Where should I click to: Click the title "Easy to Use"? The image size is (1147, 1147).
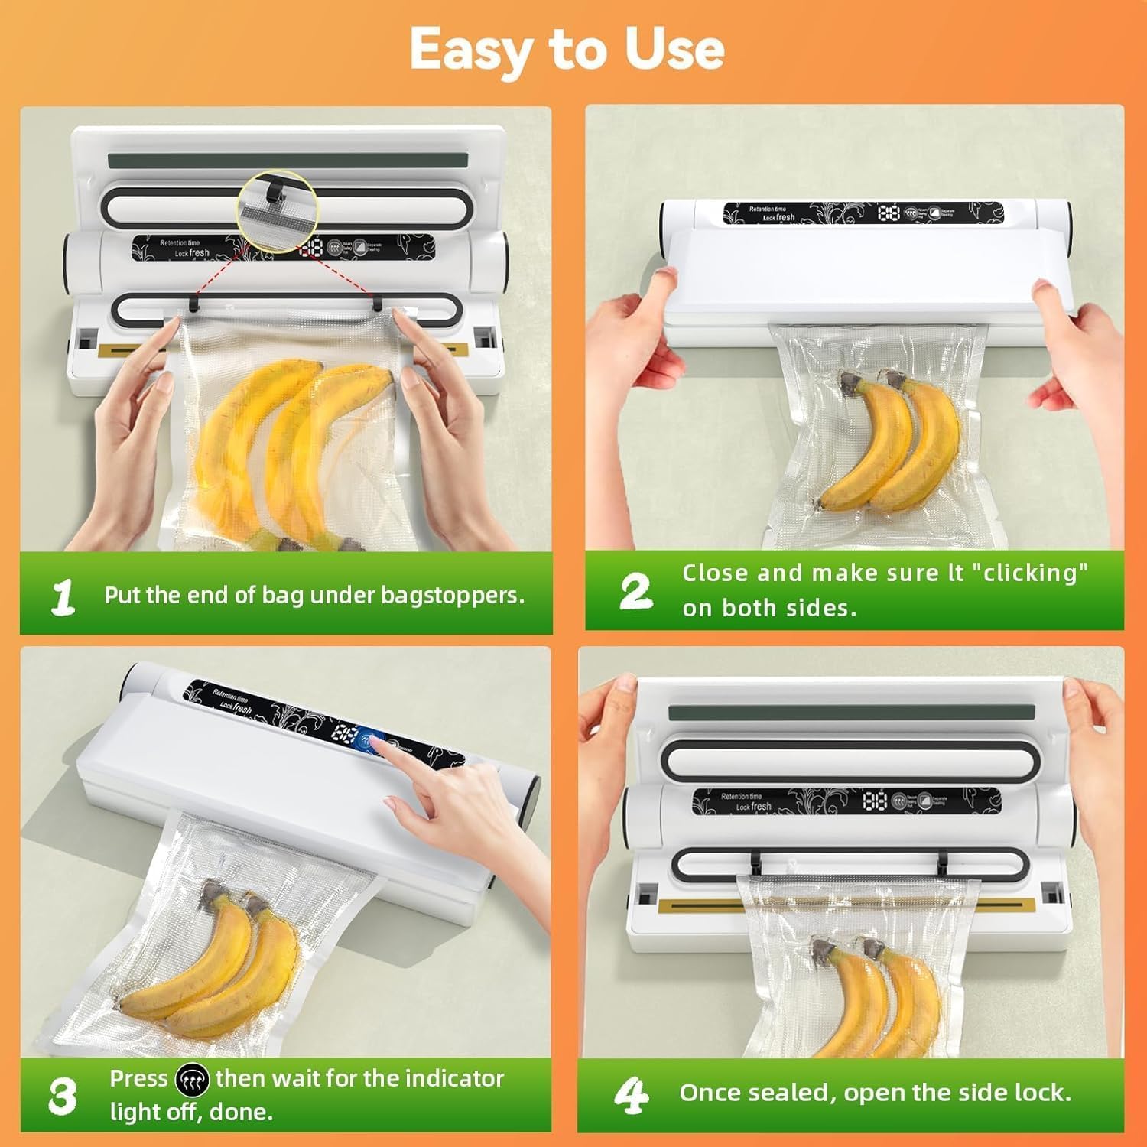[567, 49]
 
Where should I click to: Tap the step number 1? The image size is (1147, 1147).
[63, 596]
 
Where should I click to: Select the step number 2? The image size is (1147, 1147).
[635, 592]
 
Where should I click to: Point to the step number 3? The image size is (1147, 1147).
[62, 1096]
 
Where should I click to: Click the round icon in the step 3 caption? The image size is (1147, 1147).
[191, 1080]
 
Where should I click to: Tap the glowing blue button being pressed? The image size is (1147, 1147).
[372, 741]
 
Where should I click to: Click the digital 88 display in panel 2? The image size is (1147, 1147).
[889, 213]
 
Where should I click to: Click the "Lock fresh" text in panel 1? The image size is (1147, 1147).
[192, 252]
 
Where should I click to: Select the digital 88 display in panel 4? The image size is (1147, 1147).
[875, 801]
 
